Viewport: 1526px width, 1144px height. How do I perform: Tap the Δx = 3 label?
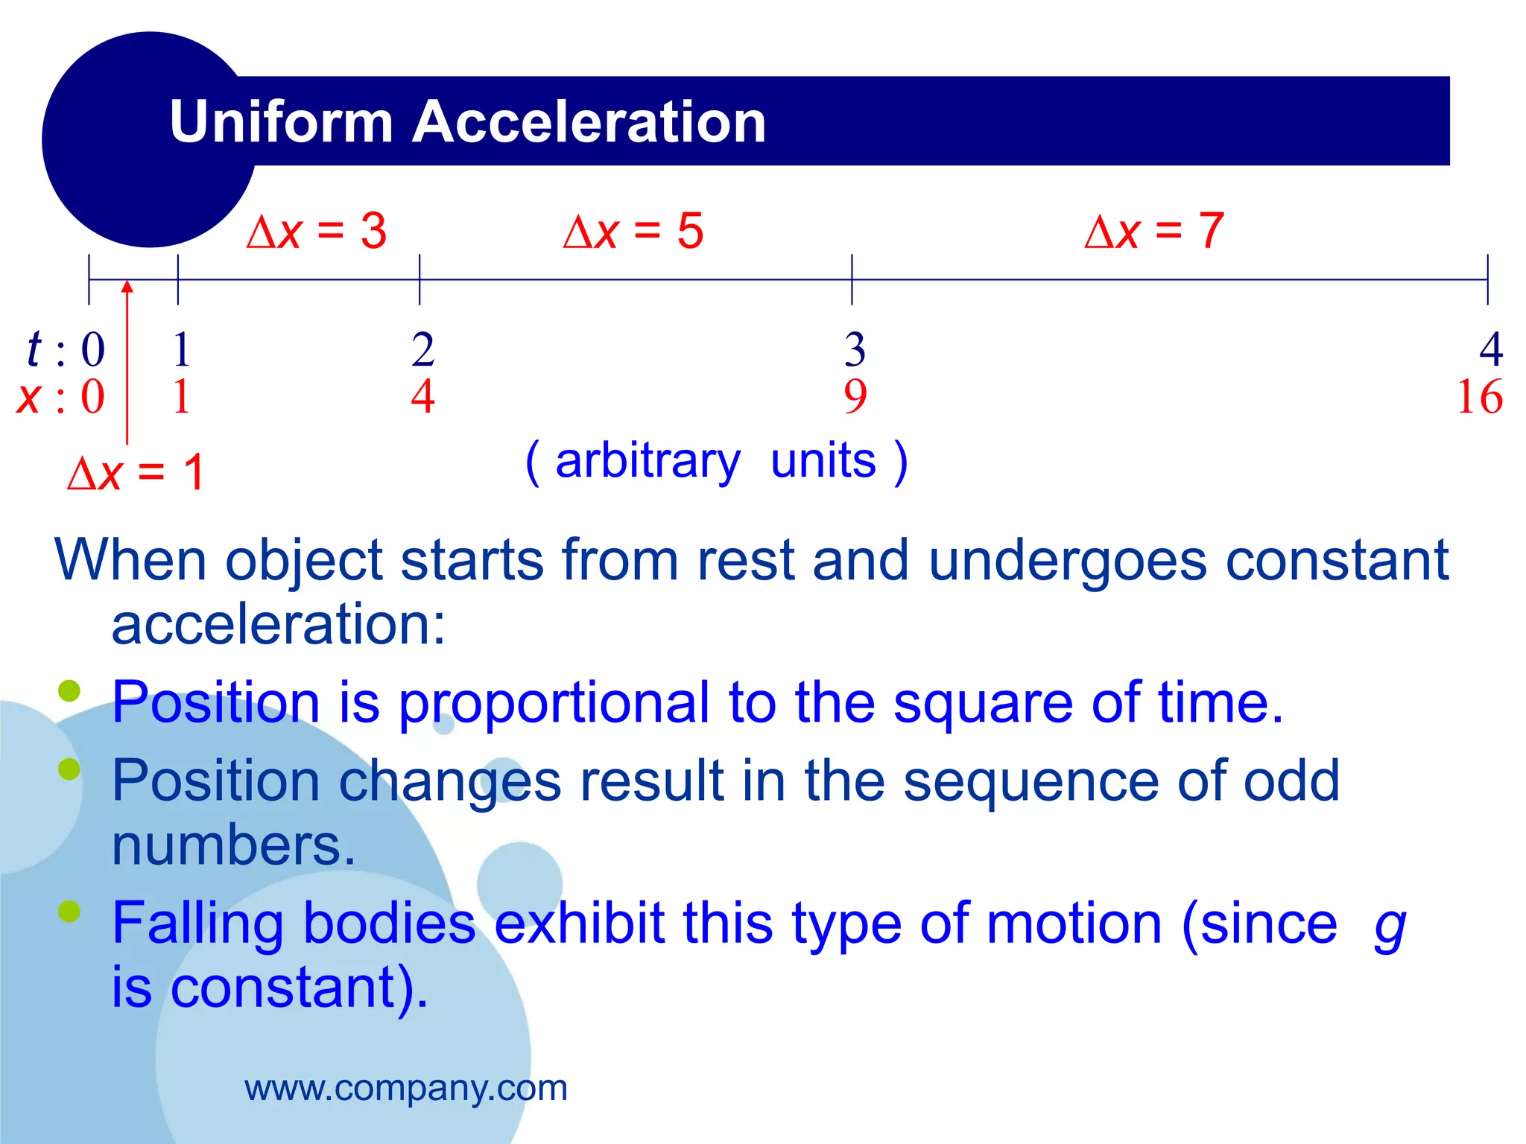pos(317,231)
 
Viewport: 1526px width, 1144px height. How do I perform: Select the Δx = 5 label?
pos(633,231)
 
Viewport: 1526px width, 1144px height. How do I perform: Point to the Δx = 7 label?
pos(1154,231)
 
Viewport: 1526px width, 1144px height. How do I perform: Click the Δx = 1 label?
pos(136,472)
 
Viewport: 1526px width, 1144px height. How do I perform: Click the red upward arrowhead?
pos(127,287)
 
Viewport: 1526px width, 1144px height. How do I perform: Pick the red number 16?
pos(1479,397)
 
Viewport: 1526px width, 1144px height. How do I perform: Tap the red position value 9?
pos(855,397)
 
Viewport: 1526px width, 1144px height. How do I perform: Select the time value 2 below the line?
pos(422,349)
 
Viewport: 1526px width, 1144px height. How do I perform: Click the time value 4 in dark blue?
pos(1490,349)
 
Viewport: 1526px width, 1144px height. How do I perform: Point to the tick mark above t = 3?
pos(852,279)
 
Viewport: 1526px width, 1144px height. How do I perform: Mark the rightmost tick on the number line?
pos(1487,279)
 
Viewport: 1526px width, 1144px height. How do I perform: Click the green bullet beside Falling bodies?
pos(69,910)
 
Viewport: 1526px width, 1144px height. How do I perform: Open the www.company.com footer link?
pos(406,1088)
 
